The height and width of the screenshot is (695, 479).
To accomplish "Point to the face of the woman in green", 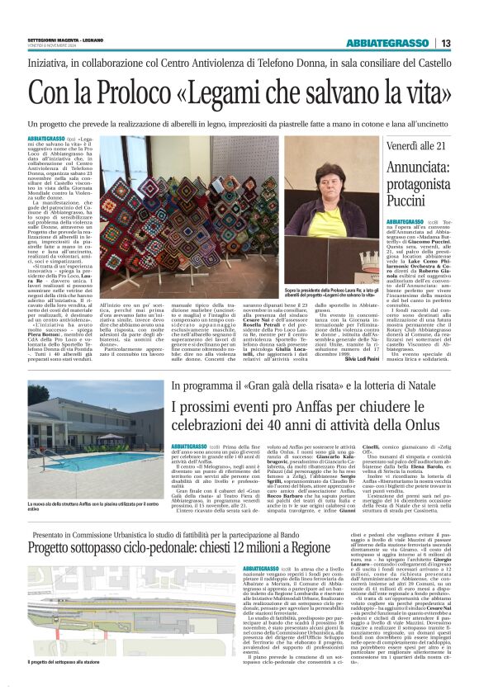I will (x=323, y=168).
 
